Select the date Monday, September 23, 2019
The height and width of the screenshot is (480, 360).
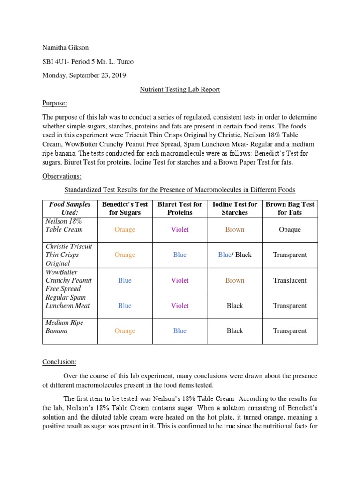click(84, 75)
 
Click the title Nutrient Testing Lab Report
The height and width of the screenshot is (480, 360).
click(180, 89)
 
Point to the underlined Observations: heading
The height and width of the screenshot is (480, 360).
click(62, 176)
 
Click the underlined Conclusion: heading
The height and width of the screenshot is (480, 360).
click(60, 362)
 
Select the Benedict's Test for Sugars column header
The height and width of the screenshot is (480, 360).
click(125, 208)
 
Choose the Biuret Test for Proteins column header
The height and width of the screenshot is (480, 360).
click(180, 208)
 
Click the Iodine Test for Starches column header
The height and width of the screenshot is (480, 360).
click(235, 208)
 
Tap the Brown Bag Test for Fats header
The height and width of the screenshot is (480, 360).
click(290, 208)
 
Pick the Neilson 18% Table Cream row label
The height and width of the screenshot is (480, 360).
click(64, 225)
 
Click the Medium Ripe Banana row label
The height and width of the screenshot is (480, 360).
click(64, 327)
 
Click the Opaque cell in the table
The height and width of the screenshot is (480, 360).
click(290, 230)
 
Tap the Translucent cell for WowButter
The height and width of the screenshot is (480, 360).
click(290, 280)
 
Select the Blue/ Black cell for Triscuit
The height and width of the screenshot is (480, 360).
click(235, 255)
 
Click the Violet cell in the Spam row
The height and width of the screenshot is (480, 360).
click(180, 306)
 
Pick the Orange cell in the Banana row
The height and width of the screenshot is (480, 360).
click(125, 331)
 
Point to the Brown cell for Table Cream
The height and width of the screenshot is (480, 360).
click(235, 230)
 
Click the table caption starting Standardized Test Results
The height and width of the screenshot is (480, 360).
click(180, 190)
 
